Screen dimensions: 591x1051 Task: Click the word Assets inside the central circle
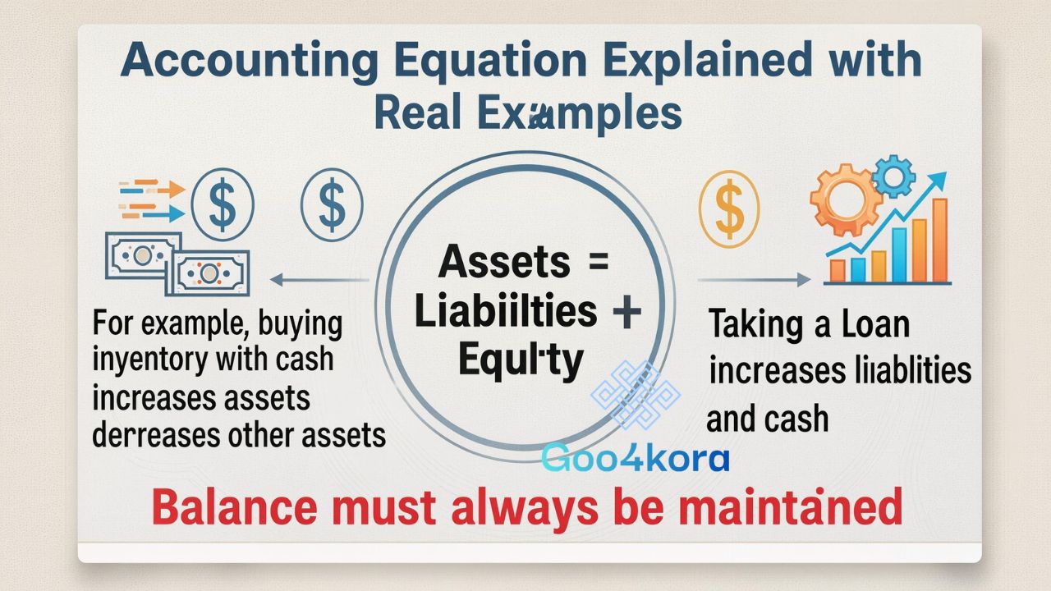click(x=503, y=263)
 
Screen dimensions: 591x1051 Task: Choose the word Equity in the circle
click(x=521, y=361)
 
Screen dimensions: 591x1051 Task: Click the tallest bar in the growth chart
click(x=940, y=241)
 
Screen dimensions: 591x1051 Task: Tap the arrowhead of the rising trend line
click(x=938, y=178)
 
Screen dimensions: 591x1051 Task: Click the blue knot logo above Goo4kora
click(x=636, y=396)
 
